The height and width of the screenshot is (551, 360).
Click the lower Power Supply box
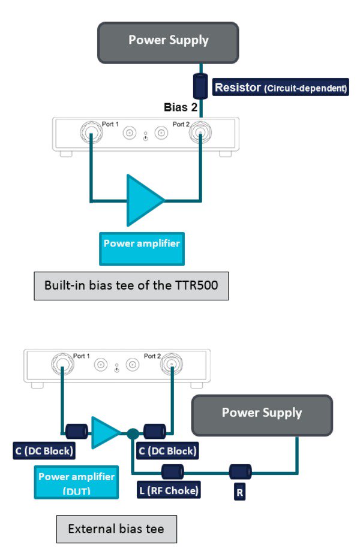262,414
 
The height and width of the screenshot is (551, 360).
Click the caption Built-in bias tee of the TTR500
130,285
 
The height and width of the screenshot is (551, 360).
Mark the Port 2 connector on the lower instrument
171,364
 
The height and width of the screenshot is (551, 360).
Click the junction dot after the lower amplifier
131,431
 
